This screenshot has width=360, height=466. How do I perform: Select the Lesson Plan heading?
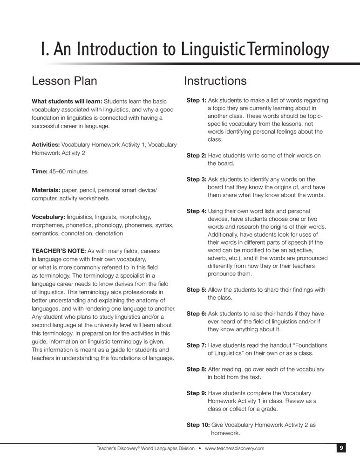coord(64,81)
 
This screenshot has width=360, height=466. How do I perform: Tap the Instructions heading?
coord(215,81)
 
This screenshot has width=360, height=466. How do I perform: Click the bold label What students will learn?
coord(67,101)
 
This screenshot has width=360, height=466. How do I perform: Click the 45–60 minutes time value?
coord(68,171)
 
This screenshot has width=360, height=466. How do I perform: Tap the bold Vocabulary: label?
coord(48,217)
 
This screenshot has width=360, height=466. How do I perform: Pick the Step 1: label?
coord(196,100)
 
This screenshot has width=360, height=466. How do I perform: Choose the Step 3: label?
coord(196,179)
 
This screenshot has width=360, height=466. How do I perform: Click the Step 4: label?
coord(196,211)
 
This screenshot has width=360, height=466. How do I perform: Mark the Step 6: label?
coord(196,314)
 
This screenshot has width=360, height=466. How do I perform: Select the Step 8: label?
coord(196,369)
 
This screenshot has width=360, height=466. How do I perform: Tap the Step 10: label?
coord(198,425)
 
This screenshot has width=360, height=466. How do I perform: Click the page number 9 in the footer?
coord(341,448)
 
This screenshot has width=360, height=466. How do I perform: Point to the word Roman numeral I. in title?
coord(45,49)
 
